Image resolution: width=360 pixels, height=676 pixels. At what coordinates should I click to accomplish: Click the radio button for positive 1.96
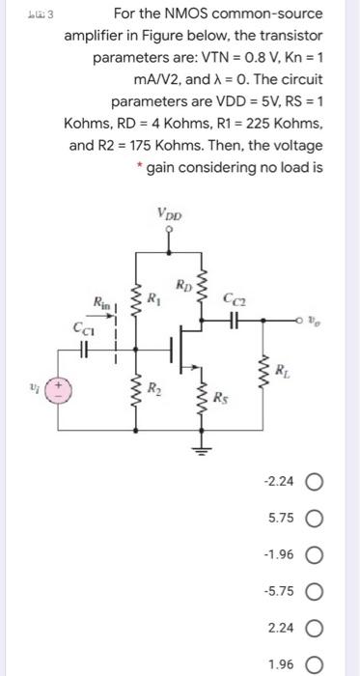(327, 665)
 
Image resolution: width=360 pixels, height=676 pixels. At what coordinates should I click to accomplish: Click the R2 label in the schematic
(152, 389)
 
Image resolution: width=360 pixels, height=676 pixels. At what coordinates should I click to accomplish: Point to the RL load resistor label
(280, 366)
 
